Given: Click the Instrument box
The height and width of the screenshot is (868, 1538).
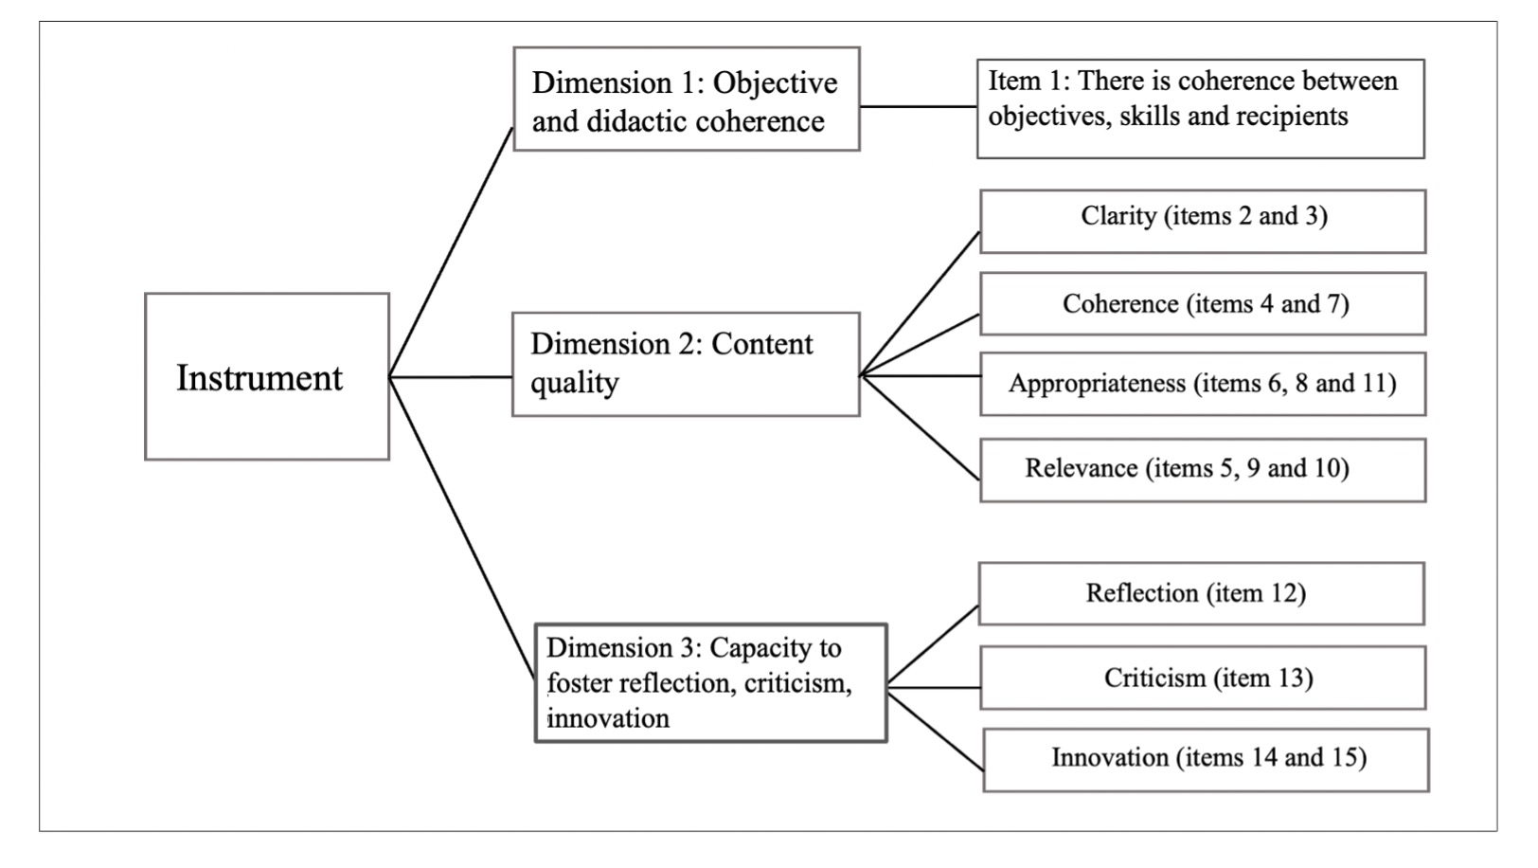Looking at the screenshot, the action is point(267,376).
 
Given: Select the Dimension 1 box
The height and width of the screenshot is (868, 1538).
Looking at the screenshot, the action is point(687,99).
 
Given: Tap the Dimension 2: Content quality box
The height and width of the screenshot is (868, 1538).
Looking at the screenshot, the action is point(686,364).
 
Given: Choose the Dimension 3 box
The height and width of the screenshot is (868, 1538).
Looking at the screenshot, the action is point(711,683).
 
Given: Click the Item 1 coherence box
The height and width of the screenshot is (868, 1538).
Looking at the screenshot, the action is point(1201,109).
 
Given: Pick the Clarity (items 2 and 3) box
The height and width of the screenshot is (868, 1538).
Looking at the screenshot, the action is point(1203,222).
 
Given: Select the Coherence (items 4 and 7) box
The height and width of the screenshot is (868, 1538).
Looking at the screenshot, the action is point(1203,304).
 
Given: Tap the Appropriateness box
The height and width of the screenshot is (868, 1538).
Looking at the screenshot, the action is point(1203,384).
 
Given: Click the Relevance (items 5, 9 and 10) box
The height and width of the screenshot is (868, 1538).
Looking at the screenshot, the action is point(1203,471).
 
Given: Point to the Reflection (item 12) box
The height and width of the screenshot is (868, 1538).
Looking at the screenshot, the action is point(1202,594).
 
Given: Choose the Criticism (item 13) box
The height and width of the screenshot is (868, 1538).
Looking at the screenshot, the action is point(1203,678).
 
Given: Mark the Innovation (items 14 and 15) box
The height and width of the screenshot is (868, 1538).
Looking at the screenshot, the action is point(1207,760).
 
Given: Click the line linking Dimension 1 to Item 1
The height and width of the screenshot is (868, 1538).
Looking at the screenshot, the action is point(919,106).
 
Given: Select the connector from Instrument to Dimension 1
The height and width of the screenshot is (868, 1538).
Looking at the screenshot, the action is point(451,252).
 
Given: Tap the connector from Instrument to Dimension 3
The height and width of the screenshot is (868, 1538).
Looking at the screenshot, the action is point(462,528).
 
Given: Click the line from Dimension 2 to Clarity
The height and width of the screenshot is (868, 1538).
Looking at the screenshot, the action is point(921,304).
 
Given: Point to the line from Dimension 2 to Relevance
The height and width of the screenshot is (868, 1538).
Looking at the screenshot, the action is point(921,427).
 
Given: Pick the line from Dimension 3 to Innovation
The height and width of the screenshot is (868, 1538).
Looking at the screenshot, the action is point(936,729).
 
